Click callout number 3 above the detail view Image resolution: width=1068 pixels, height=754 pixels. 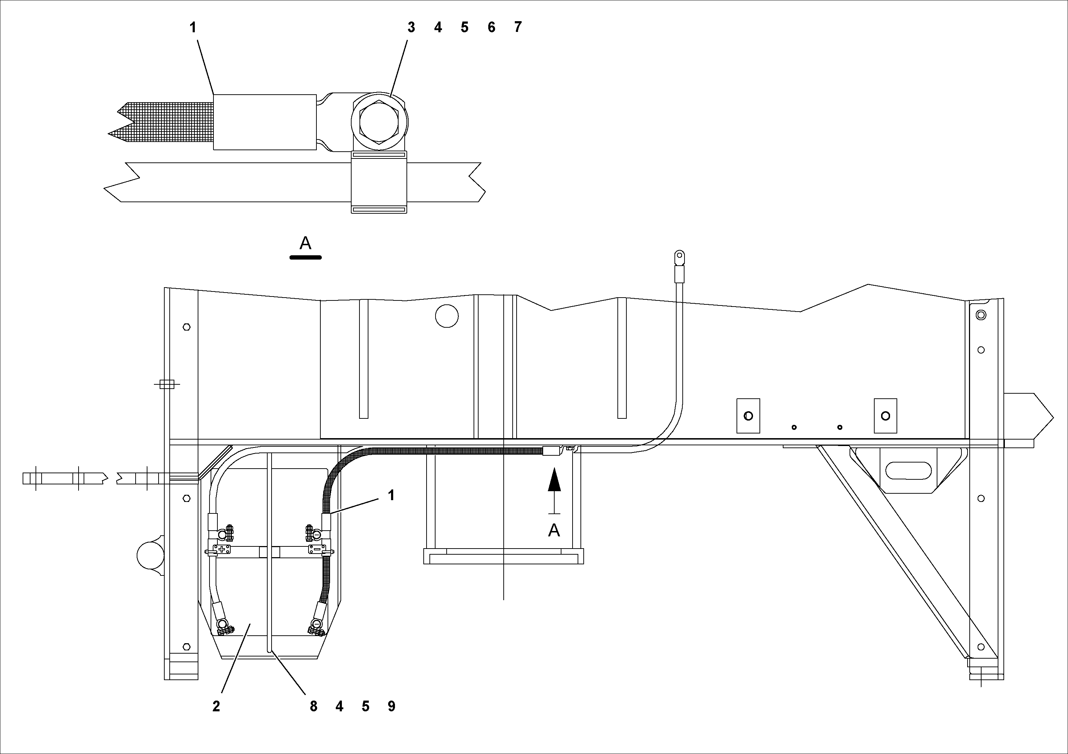tap(411, 27)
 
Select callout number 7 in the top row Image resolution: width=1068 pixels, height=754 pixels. tap(518, 27)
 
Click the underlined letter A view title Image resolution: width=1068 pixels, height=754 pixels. tap(305, 243)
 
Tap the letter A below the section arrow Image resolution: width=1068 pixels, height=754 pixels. tap(554, 530)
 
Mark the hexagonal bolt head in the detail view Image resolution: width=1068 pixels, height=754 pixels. tap(379, 122)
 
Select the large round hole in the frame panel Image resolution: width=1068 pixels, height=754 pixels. tap(447, 316)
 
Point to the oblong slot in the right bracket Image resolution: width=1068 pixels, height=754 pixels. tap(908, 470)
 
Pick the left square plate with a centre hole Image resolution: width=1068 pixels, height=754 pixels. tap(748, 416)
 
